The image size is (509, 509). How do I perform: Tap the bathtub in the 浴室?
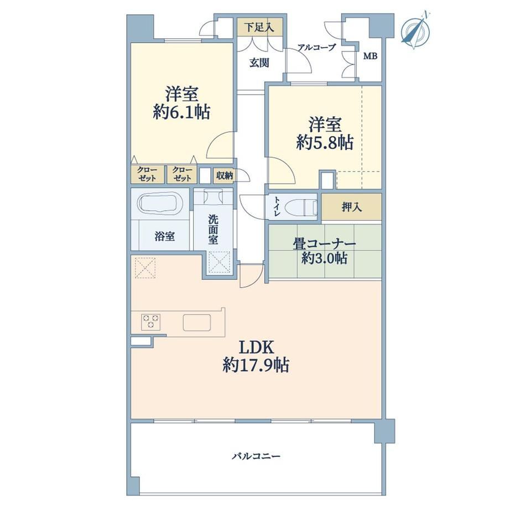160,203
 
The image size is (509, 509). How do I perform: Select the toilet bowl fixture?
302,207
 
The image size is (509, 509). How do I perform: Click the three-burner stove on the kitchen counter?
150,321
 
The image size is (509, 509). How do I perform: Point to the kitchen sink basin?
196,323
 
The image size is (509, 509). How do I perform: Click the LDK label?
257,347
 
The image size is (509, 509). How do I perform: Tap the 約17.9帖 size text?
256,365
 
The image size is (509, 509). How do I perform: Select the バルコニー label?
256,456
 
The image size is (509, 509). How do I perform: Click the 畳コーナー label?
324,244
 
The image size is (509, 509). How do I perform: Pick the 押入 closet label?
352,207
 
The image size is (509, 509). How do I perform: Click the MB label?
370,56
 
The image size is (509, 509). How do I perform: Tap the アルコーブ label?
316,48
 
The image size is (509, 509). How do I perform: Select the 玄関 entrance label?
259,63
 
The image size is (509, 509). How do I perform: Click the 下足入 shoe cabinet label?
259,27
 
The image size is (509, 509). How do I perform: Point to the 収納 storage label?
224,175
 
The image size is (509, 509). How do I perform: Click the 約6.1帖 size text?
181,112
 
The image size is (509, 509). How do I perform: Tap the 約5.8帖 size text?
325,142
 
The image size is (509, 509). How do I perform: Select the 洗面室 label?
213,229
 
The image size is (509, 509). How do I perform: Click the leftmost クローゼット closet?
147,174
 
